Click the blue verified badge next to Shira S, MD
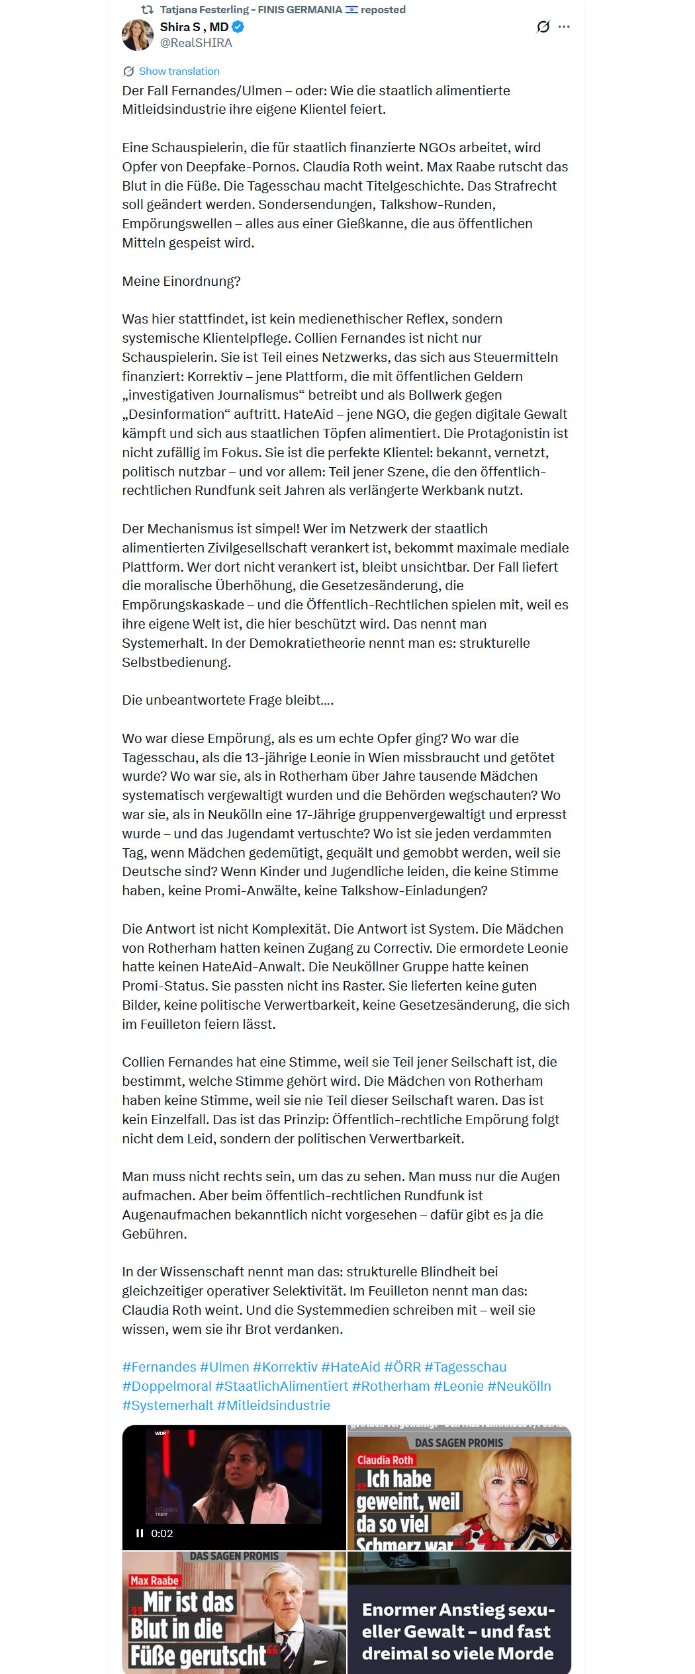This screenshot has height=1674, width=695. pos(238,27)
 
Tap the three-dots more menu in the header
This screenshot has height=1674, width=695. pos(564,27)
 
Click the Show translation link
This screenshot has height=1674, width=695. pos(179,71)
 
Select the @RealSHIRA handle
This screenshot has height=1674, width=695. pos(196,43)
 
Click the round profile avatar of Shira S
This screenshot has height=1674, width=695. pos(138,35)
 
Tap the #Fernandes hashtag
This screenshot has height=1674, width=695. pos(159,1367)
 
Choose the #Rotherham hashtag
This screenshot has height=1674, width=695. pos(391,1386)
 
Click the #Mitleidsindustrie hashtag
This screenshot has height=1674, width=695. pos(273,1405)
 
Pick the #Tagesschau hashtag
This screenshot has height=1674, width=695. pos(465,1367)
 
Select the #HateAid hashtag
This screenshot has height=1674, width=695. pos(351,1367)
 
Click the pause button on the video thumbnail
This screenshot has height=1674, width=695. pos(140,1533)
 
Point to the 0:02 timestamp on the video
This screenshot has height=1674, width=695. pos(162,1533)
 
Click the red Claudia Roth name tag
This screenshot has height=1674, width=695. pos(385,1460)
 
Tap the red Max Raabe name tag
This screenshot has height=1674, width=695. pos(154,1580)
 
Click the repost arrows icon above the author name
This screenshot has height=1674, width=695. pos(147,10)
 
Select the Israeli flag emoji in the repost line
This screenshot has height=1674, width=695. pos(351,10)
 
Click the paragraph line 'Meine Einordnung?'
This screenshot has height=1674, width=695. pos(181,281)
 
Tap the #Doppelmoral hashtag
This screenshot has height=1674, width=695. pos(167,1386)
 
